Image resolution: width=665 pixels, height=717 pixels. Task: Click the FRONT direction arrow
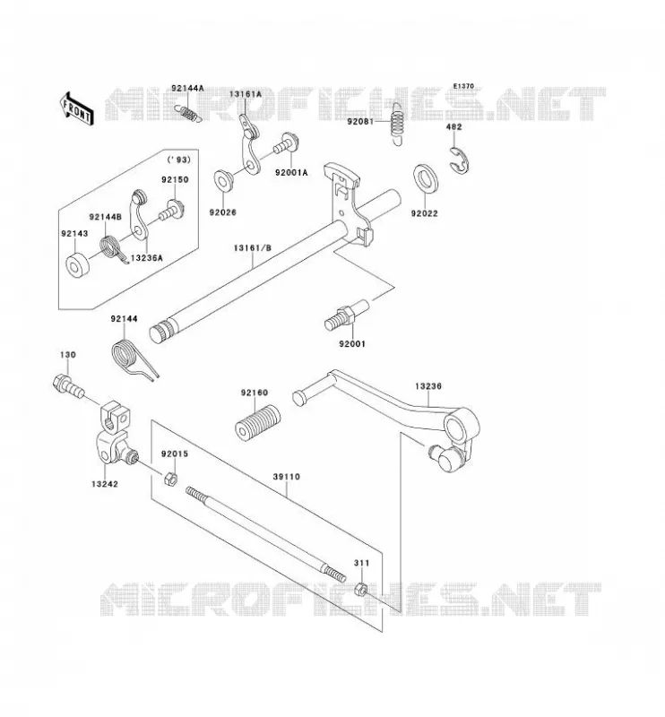click(x=76, y=108)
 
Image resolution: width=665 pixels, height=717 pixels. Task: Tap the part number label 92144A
click(x=187, y=88)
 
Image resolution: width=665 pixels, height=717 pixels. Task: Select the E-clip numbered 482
click(x=460, y=161)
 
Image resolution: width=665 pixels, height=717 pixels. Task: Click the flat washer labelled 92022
click(x=426, y=177)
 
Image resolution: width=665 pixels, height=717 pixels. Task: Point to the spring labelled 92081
click(x=398, y=123)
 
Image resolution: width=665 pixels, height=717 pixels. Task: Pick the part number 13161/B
click(x=253, y=248)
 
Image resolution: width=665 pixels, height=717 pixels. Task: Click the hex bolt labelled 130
click(x=69, y=387)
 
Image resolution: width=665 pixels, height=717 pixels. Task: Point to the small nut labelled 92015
click(x=170, y=479)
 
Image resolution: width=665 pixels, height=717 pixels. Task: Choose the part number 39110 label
click(x=287, y=477)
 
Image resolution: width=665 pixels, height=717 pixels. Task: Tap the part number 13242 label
click(x=105, y=484)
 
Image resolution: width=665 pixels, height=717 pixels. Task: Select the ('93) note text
click(x=178, y=160)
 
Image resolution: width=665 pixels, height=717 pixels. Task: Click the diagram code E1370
click(x=463, y=86)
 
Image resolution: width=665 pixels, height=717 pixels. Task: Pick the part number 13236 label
click(x=428, y=386)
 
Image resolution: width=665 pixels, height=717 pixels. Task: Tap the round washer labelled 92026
click(x=224, y=180)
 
